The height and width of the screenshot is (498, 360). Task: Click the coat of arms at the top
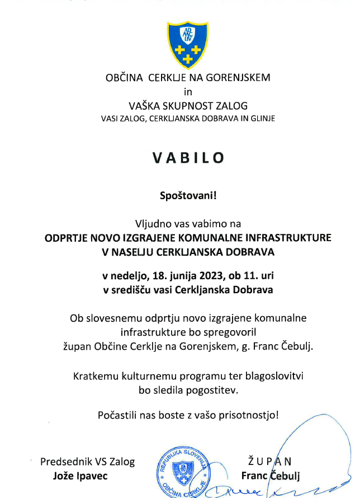(x=188, y=43)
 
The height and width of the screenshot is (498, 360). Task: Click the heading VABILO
(x=188, y=157)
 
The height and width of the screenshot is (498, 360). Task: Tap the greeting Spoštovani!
(x=188, y=196)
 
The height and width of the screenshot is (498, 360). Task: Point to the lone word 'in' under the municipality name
(x=188, y=91)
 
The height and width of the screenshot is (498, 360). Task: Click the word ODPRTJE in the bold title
(x=67, y=238)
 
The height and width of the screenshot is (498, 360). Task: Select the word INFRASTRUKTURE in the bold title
(x=290, y=238)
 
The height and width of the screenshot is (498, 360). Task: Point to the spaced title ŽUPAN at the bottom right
(x=269, y=462)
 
